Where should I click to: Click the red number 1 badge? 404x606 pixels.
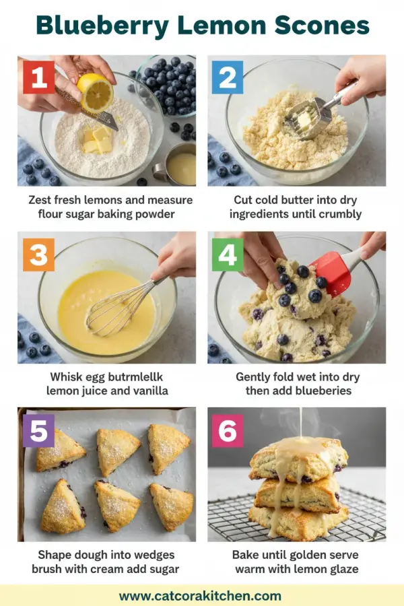click(x=39, y=77)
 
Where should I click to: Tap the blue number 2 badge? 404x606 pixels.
click(x=227, y=77)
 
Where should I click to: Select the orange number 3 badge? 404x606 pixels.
click(x=39, y=255)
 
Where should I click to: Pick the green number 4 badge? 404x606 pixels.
click(x=227, y=255)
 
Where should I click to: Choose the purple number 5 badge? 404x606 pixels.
click(x=39, y=432)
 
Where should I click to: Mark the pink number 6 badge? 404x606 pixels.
click(x=227, y=432)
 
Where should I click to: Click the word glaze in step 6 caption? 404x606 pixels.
click(x=342, y=569)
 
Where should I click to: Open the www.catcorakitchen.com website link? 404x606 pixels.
click(x=200, y=595)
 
